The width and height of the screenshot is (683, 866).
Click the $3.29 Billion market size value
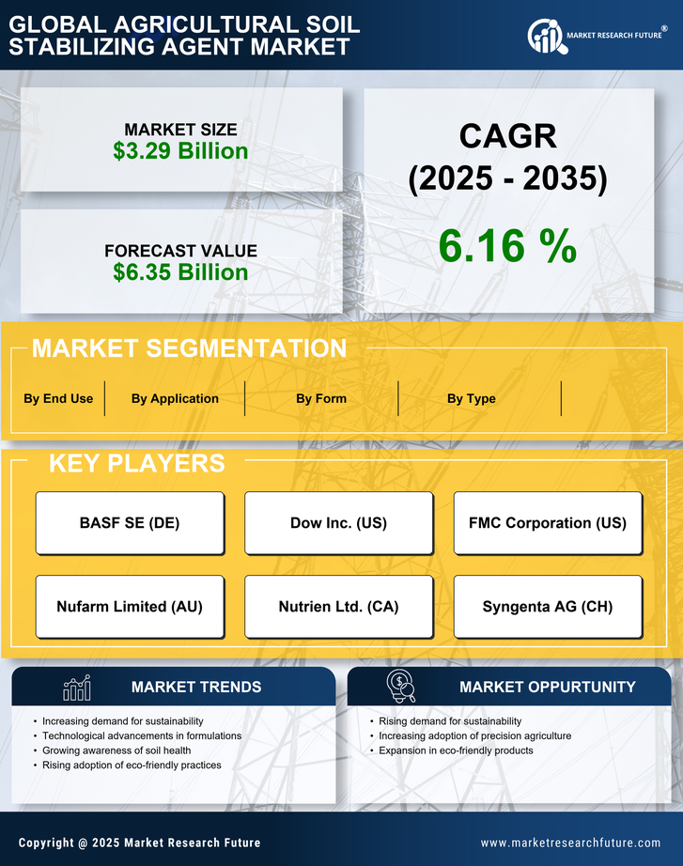click(180, 151)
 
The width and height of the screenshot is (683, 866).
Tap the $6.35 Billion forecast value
click(180, 272)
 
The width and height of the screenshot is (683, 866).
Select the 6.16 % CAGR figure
click(507, 246)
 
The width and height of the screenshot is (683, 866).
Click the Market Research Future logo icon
click(546, 36)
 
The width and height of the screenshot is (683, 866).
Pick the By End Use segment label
click(58, 398)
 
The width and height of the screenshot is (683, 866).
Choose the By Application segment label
click(175, 398)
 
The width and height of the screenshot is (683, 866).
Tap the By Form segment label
click(321, 398)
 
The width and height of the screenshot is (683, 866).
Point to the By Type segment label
click(472, 398)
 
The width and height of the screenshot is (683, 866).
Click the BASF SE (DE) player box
click(130, 523)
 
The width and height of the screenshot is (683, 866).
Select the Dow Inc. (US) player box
click(338, 523)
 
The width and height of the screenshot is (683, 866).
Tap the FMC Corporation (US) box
click(548, 523)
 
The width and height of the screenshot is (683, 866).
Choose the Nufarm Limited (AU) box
click(130, 607)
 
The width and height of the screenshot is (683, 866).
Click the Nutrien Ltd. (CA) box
click(338, 607)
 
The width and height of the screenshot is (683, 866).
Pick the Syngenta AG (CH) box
click(548, 607)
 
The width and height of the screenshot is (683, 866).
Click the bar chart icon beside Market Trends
click(76, 688)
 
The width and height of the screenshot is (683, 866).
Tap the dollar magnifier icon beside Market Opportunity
click(401, 688)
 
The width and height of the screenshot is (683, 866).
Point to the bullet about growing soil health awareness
click(116, 750)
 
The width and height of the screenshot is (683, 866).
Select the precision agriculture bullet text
click(474, 735)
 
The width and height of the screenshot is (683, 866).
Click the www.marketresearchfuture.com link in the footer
click(570, 843)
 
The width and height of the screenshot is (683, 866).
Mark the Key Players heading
click(136, 463)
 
